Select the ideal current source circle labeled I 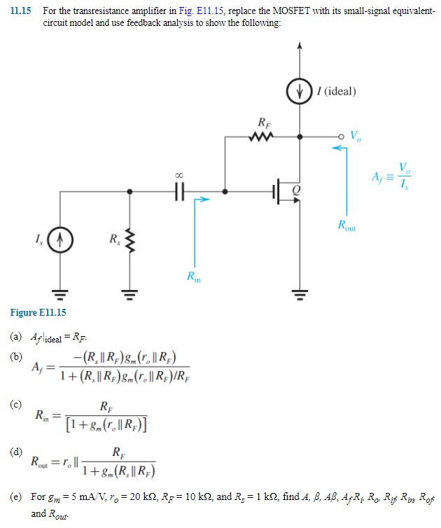(300, 92)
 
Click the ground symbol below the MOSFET (300, 293)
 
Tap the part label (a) (15, 337)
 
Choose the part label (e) (15, 496)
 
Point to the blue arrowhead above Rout (336, 148)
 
